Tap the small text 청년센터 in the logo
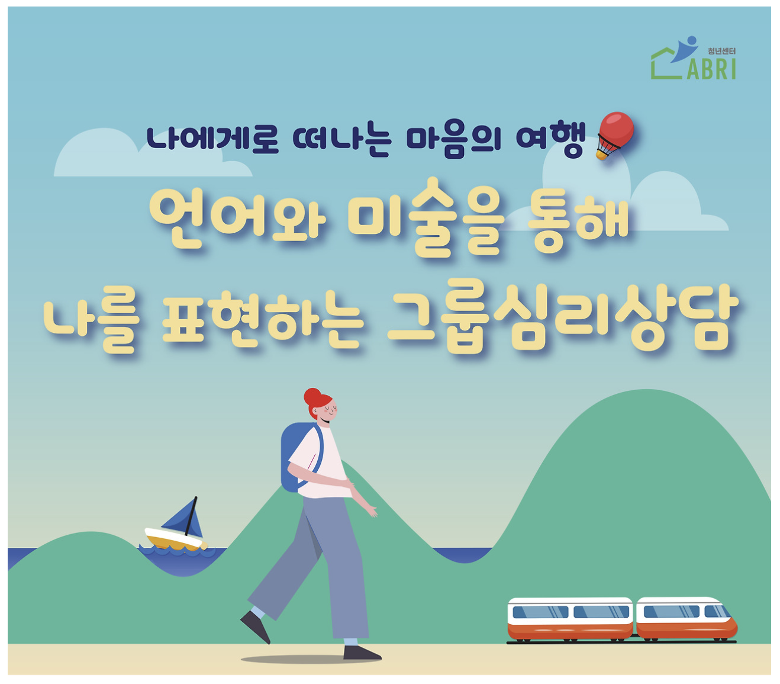tap(721, 52)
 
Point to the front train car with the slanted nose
tap(686, 619)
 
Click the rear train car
tap(570, 619)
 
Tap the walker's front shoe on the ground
tap(361, 653)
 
